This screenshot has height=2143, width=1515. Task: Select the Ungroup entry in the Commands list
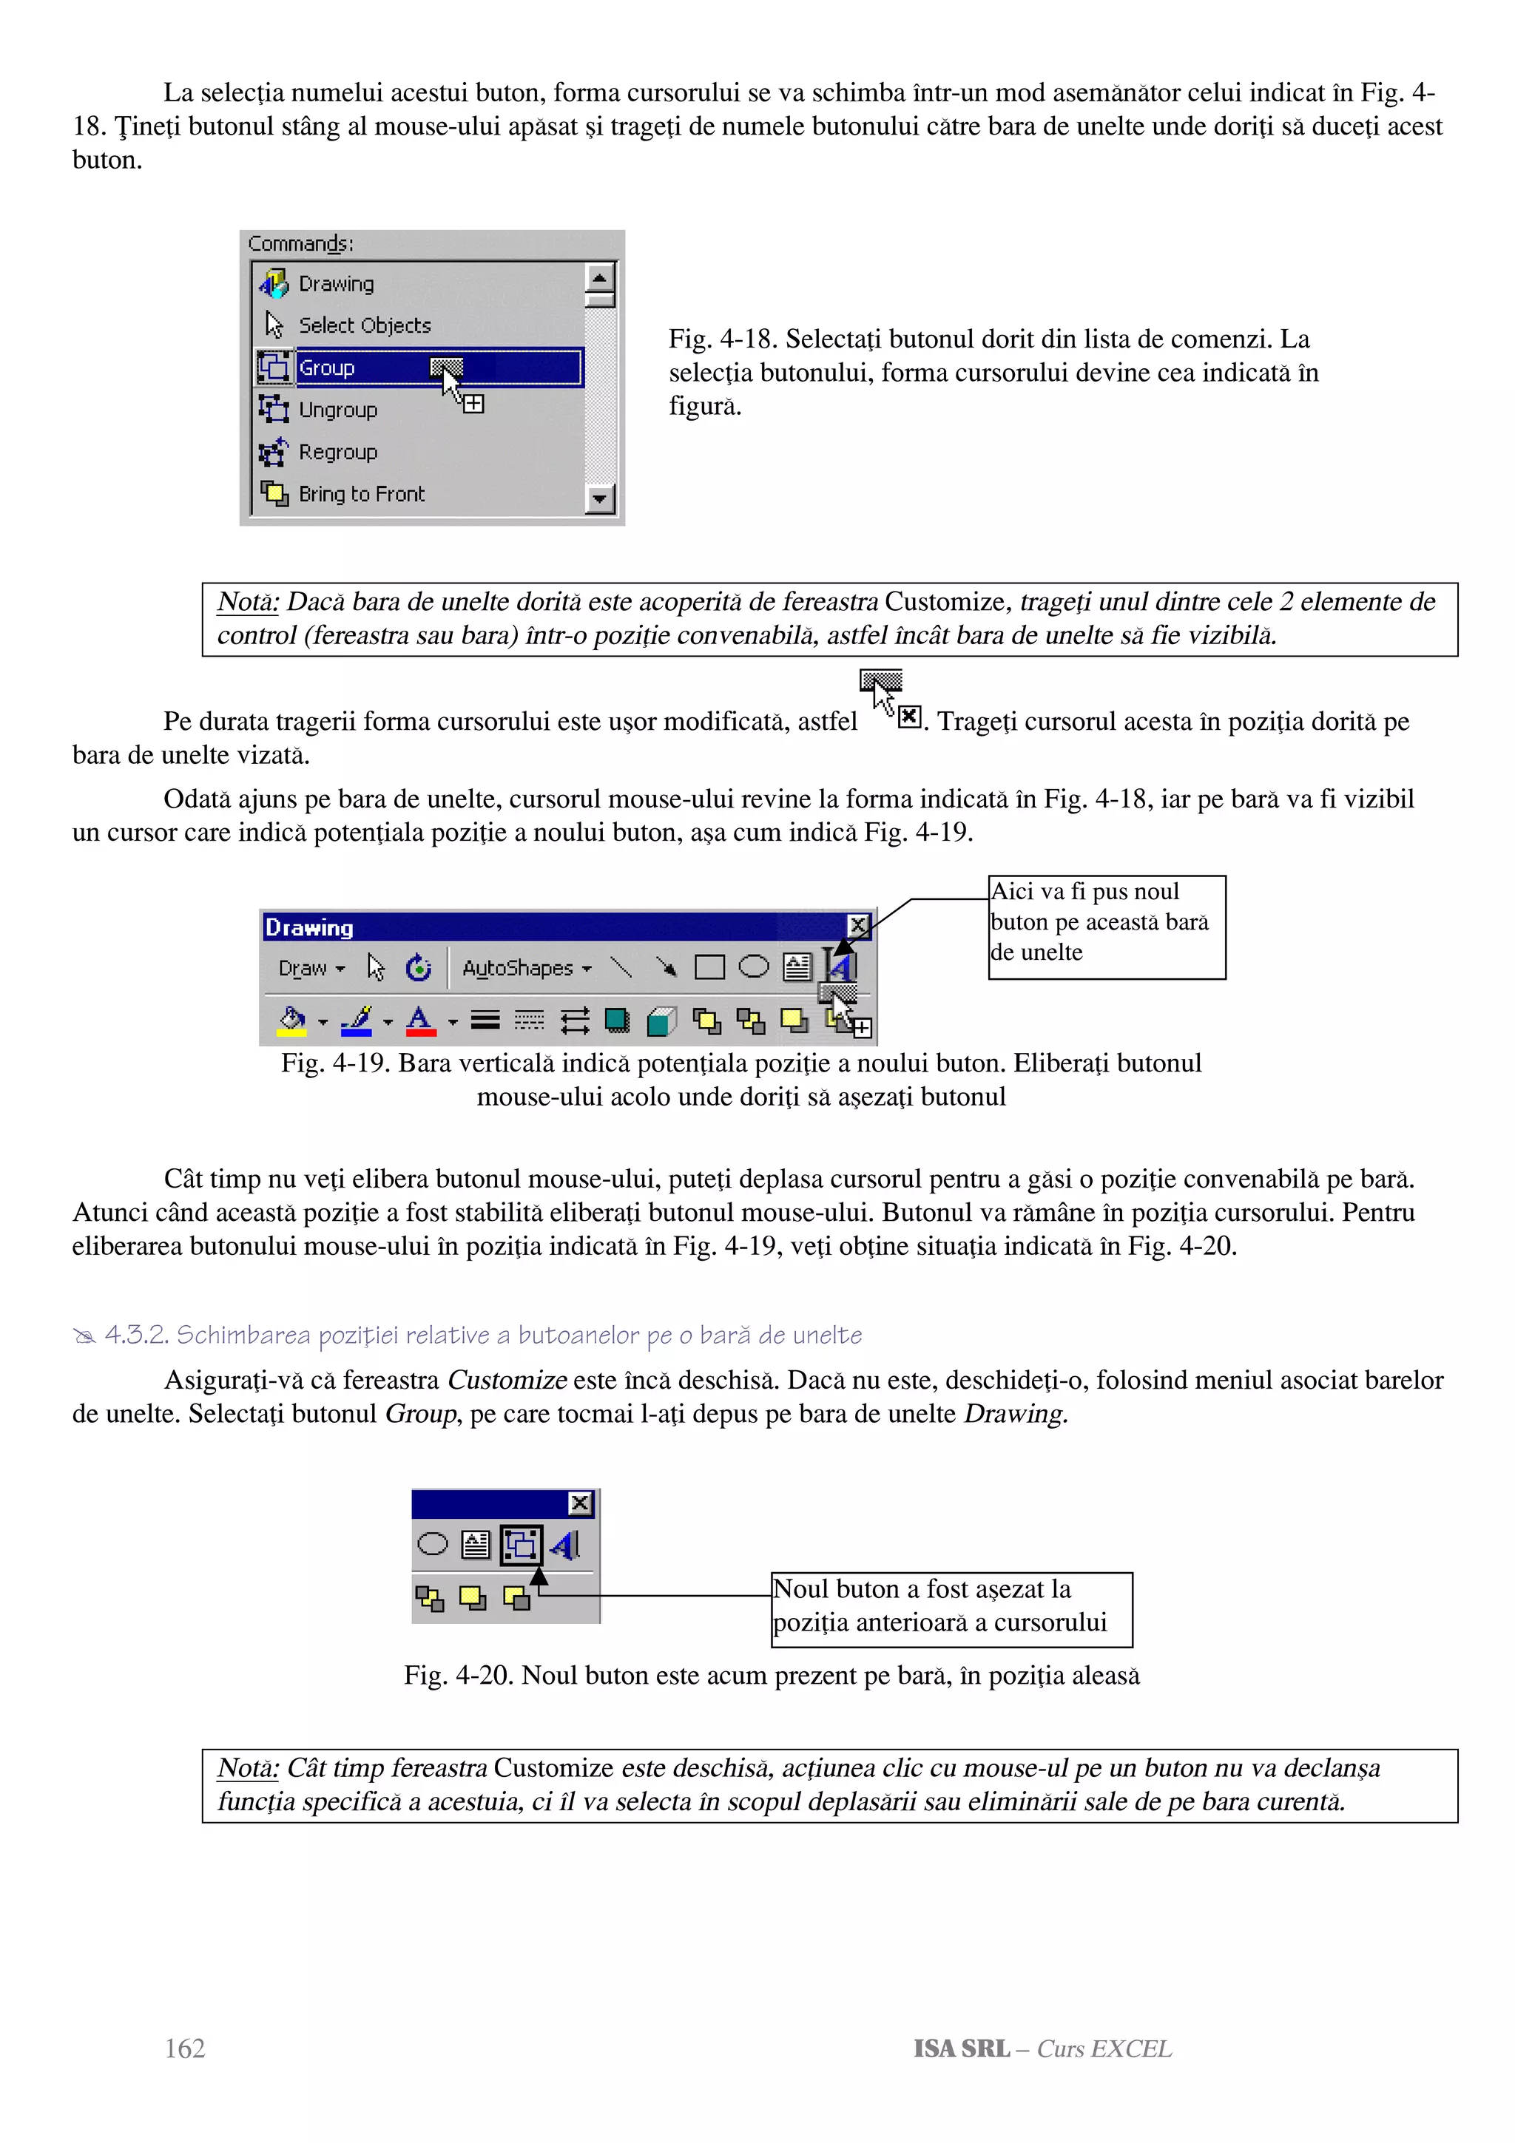337,410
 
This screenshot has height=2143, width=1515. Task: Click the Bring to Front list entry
360,494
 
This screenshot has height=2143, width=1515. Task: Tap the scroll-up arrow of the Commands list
599,277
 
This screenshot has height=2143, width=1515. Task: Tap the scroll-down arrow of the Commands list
599,499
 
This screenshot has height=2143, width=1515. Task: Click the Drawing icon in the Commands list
274,282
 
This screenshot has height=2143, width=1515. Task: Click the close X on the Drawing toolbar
858,925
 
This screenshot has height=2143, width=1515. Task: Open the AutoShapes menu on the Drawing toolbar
527,968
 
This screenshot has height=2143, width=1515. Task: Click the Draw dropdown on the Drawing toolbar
311,968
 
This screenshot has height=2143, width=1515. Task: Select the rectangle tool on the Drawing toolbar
709,967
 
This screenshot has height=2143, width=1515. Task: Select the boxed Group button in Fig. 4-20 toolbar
521,1545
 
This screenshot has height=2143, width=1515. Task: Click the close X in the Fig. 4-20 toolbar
580,1503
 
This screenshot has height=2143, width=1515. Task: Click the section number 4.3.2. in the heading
136,1335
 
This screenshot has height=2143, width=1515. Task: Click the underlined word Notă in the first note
247,602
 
